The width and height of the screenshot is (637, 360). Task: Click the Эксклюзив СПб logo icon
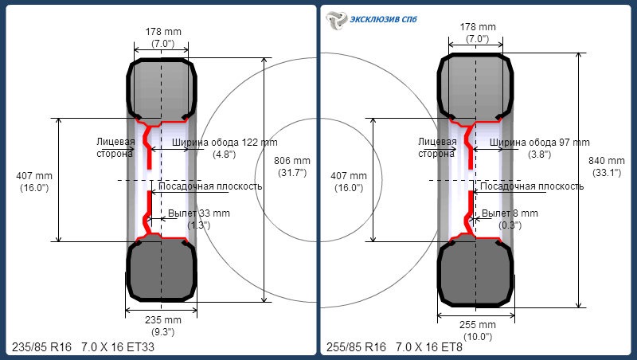pos(336,21)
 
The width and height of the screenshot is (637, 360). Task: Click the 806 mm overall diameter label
pos(292,166)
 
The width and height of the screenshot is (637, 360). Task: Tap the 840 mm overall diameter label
pos(607,166)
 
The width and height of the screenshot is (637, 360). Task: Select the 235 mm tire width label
pos(163,326)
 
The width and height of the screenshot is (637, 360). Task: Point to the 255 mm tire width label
pos(478,331)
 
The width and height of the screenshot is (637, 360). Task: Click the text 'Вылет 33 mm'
pos(198,213)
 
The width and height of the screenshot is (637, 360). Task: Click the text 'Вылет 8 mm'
pos(510,213)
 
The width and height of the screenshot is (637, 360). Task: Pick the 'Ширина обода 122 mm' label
pos(225,143)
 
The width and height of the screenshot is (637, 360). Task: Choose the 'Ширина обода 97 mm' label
pos(540,143)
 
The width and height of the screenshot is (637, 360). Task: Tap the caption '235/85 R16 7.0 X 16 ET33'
pos(84,347)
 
